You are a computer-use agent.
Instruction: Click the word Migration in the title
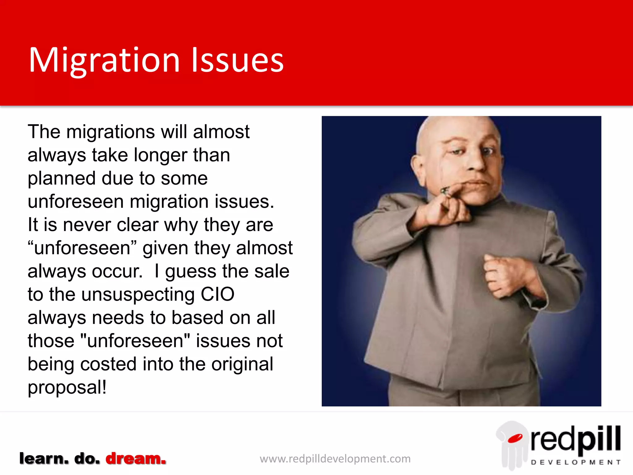(104, 60)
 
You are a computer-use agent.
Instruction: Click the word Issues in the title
(237, 60)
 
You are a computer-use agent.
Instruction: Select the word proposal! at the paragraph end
(67, 387)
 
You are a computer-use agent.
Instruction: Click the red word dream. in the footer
(136, 459)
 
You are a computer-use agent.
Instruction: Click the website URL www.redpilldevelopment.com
(335, 459)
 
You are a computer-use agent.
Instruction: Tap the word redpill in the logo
(576, 439)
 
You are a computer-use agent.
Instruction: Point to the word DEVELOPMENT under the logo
(576, 462)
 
